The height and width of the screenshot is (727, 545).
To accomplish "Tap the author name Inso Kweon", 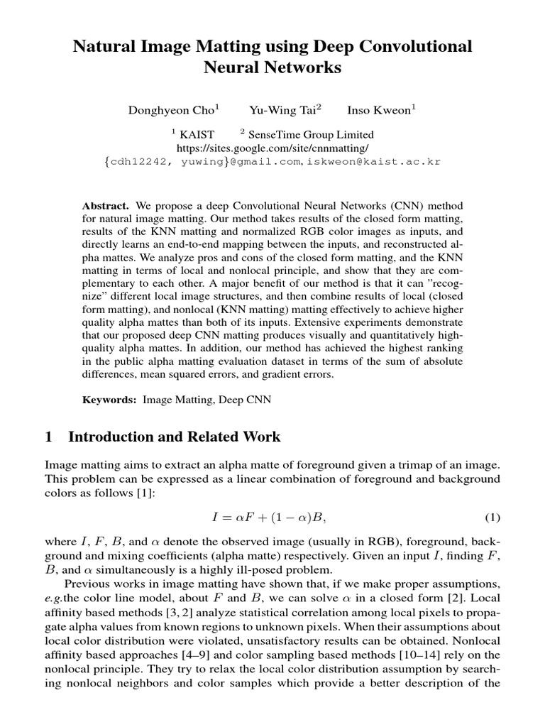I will [380, 111].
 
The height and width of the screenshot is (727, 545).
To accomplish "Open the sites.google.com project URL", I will [272, 148].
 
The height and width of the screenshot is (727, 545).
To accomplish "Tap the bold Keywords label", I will [109, 400].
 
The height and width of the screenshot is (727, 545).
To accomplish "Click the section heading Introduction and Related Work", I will [174, 437].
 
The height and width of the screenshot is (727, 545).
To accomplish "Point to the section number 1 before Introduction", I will [49, 437].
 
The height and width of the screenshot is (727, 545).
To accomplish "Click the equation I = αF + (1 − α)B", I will [272, 515].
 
